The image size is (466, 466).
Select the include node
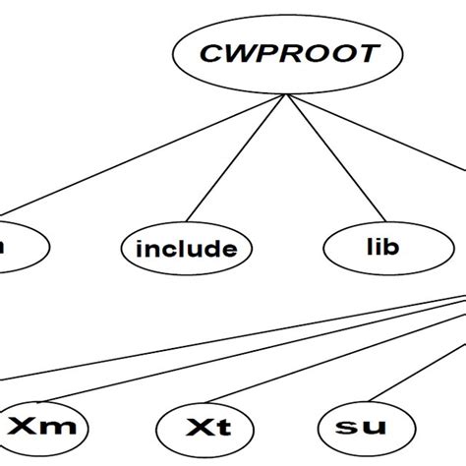(x=186, y=249)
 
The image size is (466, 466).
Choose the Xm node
(x=44, y=428)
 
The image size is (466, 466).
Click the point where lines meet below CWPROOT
(x=286, y=95)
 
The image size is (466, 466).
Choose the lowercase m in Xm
(x=60, y=430)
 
